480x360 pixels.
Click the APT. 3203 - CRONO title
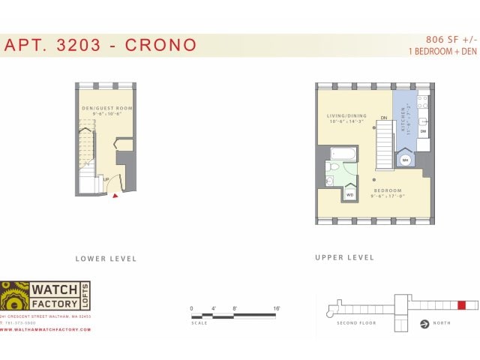(100, 45)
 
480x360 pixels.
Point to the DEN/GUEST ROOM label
(107, 109)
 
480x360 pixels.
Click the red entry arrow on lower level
(115, 196)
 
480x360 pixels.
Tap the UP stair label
(106, 178)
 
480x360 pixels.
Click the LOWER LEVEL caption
(106, 259)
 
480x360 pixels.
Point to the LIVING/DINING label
(345, 116)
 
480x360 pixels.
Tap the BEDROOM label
(388, 190)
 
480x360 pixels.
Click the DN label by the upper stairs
(383, 118)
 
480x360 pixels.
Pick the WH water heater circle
(405, 160)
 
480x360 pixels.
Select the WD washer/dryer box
(350, 194)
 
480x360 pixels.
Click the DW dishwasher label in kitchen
(423, 132)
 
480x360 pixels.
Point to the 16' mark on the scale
(277, 308)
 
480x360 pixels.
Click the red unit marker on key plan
(462, 305)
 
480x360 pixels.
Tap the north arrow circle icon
(424, 324)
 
